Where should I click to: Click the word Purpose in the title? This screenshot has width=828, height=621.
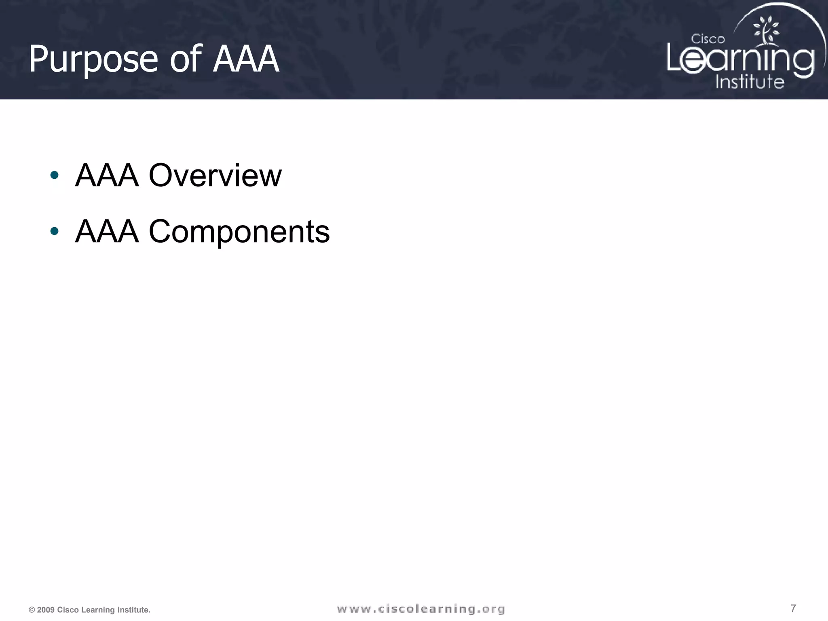pyautogui.click(x=93, y=59)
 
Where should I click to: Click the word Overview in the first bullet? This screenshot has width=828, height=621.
pyautogui.click(x=215, y=175)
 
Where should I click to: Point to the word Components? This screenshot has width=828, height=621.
pyautogui.click(x=239, y=232)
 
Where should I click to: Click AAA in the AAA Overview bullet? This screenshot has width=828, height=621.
pyautogui.click(x=107, y=175)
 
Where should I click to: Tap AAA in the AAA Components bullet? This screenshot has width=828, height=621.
pyautogui.click(x=107, y=232)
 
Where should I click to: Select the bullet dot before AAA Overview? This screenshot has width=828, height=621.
pyautogui.click(x=54, y=175)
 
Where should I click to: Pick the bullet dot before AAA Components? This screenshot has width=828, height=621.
pyautogui.click(x=54, y=231)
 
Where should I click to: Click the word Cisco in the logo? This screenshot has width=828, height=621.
pyautogui.click(x=708, y=39)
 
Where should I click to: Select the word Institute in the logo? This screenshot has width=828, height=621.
pyautogui.click(x=750, y=82)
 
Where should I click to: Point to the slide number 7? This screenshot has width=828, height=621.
pyautogui.click(x=793, y=608)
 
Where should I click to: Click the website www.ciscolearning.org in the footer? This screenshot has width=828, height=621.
pyautogui.click(x=421, y=609)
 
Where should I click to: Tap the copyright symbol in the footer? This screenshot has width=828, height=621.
pyautogui.click(x=32, y=610)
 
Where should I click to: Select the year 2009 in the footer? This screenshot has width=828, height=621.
pyautogui.click(x=46, y=610)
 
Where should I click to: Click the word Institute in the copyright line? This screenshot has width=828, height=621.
pyautogui.click(x=133, y=610)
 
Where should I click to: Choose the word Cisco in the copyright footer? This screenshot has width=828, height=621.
pyautogui.click(x=68, y=610)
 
